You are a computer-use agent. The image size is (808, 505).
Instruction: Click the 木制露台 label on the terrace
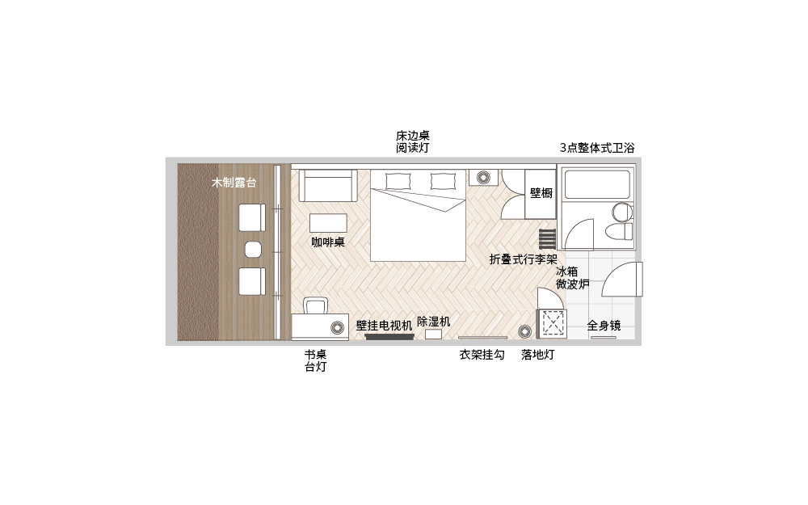click(x=234, y=183)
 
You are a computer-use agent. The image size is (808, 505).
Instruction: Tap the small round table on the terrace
click(x=252, y=250)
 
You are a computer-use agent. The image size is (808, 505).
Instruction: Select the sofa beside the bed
click(x=328, y=186)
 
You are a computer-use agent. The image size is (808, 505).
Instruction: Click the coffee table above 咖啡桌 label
click(x=328, y=224)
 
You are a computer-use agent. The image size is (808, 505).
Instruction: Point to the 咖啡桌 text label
click(x=328, y=242)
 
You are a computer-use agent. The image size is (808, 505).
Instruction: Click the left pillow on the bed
click(x=398, y=181)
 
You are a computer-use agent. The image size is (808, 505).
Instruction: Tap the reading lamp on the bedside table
click(x=483, y=178)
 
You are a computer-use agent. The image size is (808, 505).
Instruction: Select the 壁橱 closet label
click(x=541, y=193)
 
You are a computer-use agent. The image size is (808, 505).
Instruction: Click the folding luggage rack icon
click(x=547, y=239)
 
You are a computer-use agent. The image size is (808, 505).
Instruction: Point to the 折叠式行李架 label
click(x=524, y=259)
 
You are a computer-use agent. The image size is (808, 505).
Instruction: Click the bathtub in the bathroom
click(x=597, y=184)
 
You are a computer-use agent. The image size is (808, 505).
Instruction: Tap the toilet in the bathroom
click(x=618, y=231)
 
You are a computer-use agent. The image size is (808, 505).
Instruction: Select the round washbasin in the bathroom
click(x=622, y=212)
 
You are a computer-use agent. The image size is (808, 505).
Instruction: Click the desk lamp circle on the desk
click(x=338, y=327)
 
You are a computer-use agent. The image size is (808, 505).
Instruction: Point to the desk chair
click(x=315, y=305)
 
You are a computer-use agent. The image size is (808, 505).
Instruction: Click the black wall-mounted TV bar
click(x=389, y=337)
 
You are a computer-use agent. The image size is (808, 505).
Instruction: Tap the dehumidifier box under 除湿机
click(x=433, y=334)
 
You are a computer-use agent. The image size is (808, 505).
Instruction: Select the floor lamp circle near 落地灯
click(x=524, y=332)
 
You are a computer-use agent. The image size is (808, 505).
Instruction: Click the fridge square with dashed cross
click(x=552, y=324)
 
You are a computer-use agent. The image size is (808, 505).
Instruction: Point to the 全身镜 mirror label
click(x=604, y=326)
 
